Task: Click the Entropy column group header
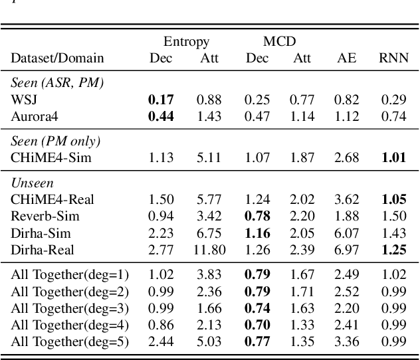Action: point(186,42)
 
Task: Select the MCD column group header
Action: point(278,42)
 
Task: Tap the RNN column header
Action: point(393,58)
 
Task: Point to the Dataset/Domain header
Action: point(57,58)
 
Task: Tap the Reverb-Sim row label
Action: point(45,216)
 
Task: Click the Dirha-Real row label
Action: point(43,250)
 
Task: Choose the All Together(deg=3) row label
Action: point(70,309)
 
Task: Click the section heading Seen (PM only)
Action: point(54,141)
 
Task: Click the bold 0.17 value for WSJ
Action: point(160,100)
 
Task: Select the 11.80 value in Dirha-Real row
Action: point(209,250)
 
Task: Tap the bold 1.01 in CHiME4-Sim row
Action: point(393,157)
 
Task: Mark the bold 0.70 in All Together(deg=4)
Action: point(257,325)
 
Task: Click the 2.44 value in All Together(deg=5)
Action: point(160,342)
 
